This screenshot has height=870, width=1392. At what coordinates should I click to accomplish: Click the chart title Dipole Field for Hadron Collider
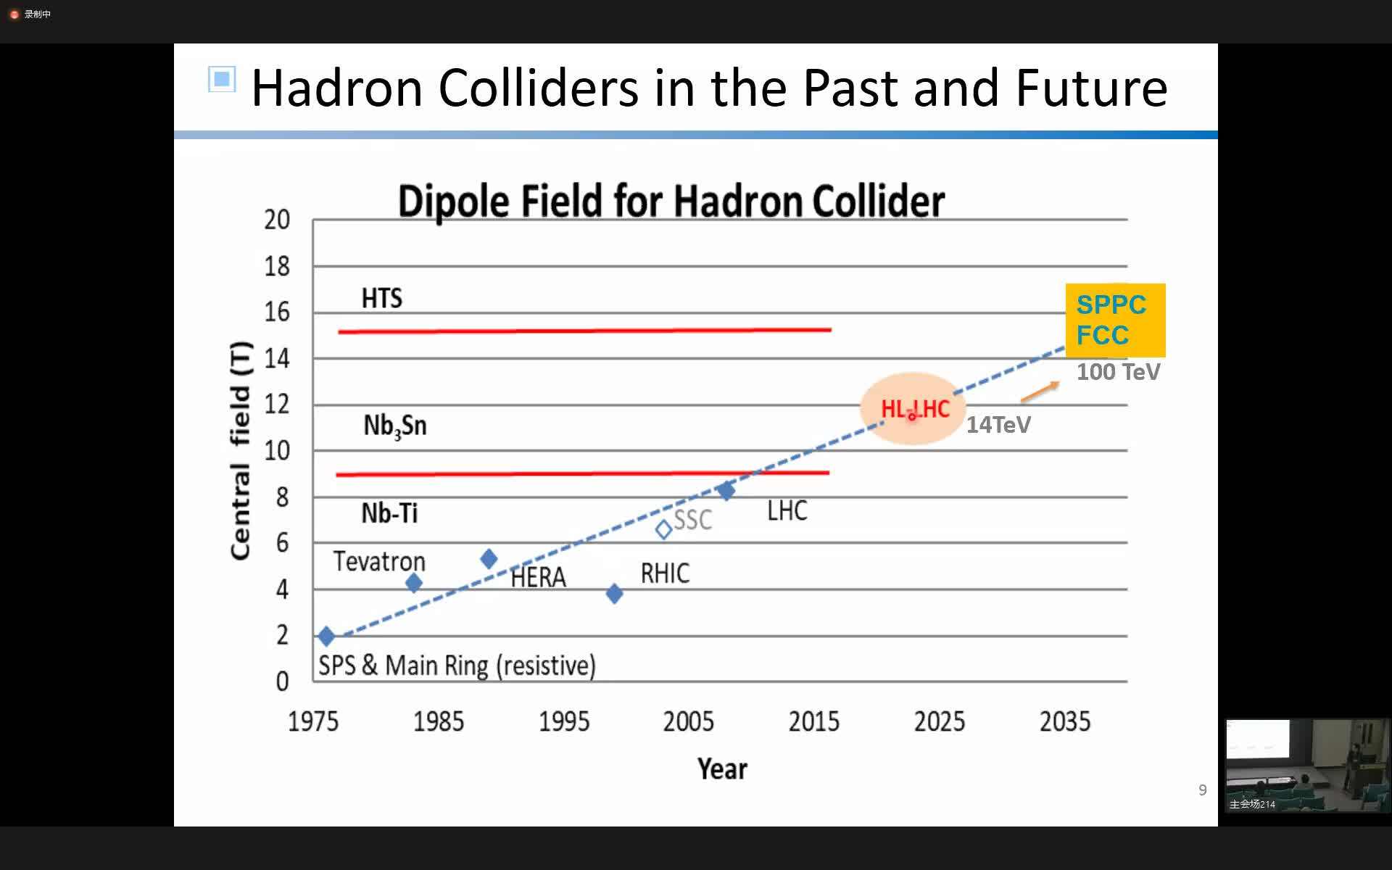click(671, 202)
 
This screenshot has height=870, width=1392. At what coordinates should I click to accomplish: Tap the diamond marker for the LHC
click(726, 491)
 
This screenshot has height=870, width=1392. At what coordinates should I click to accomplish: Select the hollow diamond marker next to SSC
click(663, 530)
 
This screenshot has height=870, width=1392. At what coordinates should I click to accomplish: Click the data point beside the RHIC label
click(614, 594)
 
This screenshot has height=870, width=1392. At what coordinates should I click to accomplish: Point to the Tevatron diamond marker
click(414, 582)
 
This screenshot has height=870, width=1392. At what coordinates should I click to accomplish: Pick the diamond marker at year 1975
click(326, 637)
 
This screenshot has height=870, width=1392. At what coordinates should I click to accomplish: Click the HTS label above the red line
click(382, 298)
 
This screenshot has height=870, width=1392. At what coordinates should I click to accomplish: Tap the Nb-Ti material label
click(389, 513)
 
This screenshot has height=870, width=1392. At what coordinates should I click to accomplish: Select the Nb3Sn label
click(395, 426)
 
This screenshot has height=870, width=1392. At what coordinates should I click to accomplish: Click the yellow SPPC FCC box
click(1115, 320)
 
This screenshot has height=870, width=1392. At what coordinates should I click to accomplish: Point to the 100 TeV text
click(1118, 372)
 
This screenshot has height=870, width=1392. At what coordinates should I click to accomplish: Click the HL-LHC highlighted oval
click(913, 409)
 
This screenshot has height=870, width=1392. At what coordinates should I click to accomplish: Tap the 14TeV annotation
click(998, 425)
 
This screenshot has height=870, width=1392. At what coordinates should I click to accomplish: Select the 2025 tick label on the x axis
click(940, 721)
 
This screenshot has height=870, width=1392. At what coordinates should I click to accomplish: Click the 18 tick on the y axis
click(277, 266)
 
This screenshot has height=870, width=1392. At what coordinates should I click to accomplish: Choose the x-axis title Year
click(722, 768)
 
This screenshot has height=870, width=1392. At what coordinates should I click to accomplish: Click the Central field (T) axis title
click(240, 450)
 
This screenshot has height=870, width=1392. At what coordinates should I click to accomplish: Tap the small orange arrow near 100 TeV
click(1040, 391)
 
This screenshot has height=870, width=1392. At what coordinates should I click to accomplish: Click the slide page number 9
click(1203, 790)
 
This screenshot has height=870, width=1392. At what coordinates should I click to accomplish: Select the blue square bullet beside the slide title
click(222, 79)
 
